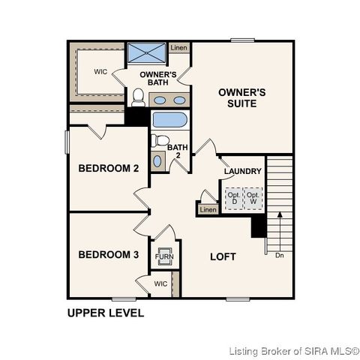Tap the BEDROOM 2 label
[109, 169]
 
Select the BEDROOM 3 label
[109, 255]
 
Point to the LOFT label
[223, 256]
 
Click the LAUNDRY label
[242, 172]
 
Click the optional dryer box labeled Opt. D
[233, 198]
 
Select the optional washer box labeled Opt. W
[253, 198]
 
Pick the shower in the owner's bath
[146, 53]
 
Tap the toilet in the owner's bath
[138, 97]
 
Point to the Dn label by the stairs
[279, 256]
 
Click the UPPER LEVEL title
[106, 313]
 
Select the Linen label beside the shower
[178, 48]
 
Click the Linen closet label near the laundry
[208, 209]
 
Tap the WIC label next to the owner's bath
[101, 72]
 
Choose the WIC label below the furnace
[160, 284]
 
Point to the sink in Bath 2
[157, 160]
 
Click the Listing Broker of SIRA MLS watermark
[294, 350]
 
